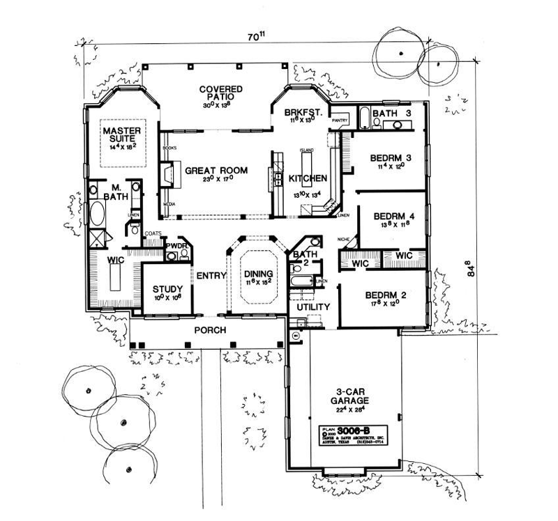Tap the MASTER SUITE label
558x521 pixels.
click(x=123, y=134)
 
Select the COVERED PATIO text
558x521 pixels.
click(x=220, y=93)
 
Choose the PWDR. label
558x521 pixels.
click(x=174, y=247)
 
